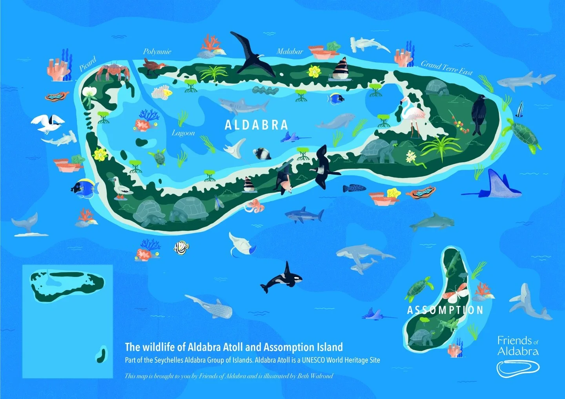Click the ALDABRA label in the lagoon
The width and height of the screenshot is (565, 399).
click(x=256, y=125)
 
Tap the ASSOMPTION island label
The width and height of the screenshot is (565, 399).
click(x=445, y=310)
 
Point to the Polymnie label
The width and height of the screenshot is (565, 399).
click(x=157, y=51)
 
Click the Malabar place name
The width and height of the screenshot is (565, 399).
click(x=290, y=51)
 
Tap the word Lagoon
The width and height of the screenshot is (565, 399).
click(x=183, y=133)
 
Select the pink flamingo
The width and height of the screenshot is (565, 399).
click(x=412, y=114)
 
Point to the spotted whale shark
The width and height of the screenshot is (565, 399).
click(x=210, y=307)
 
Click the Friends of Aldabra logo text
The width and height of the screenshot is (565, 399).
click(x=518, y=346)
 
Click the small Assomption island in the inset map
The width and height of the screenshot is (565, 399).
click(x=101, y=354)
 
